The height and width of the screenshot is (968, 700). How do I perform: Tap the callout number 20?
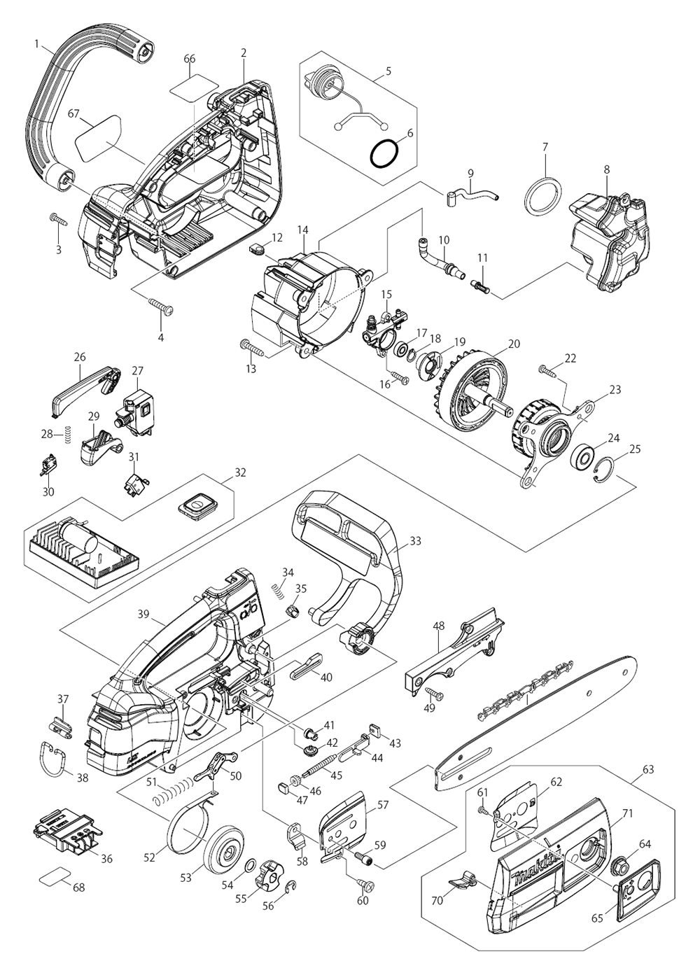tap(514, 344)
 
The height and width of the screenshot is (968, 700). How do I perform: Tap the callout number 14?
tap(302, 229)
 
